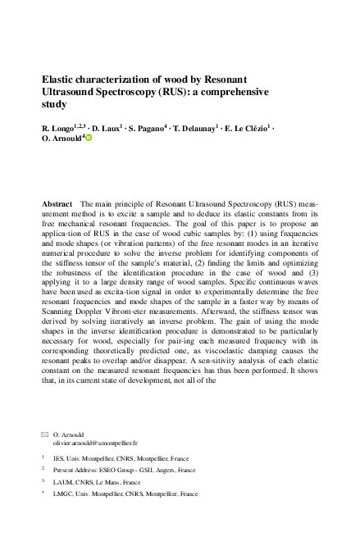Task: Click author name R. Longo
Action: [x=59, y=129]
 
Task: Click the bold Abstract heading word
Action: [x=57, y=202]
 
